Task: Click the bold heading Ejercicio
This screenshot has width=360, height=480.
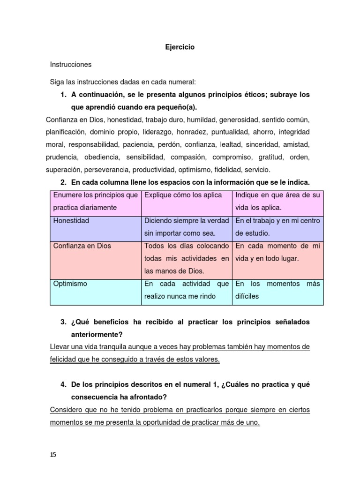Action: pyautogui.click(x=180, y=47)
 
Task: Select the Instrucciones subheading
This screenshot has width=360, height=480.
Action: pyautogui.click(x=71, y=64)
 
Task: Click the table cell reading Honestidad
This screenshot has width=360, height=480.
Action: pyautogui.click(x=71, y=220)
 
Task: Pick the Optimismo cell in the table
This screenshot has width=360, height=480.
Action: pyautogui.click(x=70, y=284)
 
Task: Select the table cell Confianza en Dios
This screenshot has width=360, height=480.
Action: pyautogui.click(x=82, y=246)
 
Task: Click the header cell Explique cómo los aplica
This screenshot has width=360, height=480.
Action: pyautogui.click(x=183, y=195)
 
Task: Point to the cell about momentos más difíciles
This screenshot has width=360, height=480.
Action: pyautogui.click(x=277, y=290)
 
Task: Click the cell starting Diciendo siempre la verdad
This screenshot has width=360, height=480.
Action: pyautogui.click(x=186, y=226)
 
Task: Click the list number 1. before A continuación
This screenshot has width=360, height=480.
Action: pyautogui.click(x=63, y=95)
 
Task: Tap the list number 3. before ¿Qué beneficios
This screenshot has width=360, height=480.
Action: pyautogui.click(x=63, y=322)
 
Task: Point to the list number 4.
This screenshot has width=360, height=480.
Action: pyautogui.click(x=63, y=384)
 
